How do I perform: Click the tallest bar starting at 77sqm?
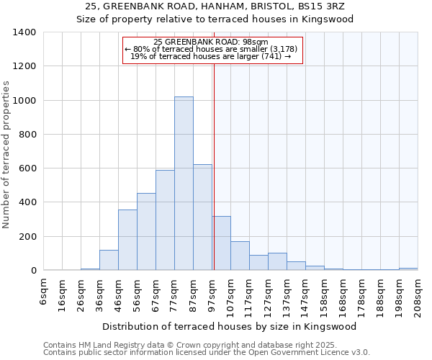click(184, 184)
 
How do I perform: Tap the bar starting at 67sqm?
click(165, 220)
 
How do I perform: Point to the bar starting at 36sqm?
click(109, 261)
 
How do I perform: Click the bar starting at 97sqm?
click(221, 243)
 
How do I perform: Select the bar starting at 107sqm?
click(240, 256)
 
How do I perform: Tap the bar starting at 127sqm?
click(277, 262)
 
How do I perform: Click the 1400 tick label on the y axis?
click(24, 32)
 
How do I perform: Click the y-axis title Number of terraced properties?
click(6, 155)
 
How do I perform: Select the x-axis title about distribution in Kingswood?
click(230, 326)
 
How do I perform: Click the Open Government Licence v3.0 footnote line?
click(207, 353)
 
